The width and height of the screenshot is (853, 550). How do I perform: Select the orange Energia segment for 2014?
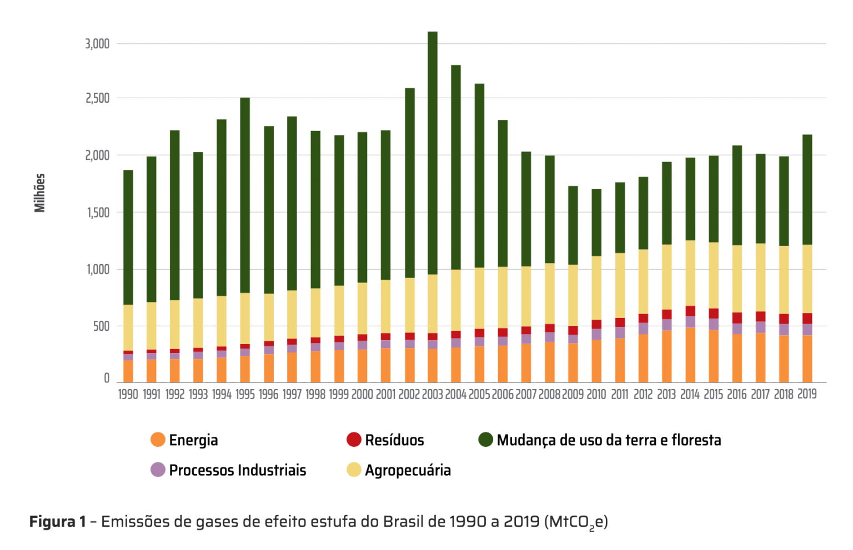pos(690,355)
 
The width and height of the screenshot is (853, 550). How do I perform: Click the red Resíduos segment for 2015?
pos(714,314)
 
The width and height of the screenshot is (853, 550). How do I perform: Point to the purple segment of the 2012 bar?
pos(643,329)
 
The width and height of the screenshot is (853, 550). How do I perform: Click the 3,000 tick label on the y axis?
pos(97,44)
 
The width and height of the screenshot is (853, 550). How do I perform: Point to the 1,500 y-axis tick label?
pos(98,213)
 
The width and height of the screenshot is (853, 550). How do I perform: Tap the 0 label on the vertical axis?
pos(107,379)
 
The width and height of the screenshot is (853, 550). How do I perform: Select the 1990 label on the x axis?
pos(128,395)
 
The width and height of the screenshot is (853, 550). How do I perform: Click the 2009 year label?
pos(573,395)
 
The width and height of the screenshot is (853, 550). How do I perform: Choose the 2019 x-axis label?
pos(807,394)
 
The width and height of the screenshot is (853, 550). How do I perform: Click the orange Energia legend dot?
pos(158,440)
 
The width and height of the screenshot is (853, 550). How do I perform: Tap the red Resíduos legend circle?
pos(354,440)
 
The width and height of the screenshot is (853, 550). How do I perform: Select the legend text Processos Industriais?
pos(238,470)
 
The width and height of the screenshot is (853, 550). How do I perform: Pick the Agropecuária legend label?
pos(408,470)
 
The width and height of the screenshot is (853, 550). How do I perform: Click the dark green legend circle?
pos(486,440)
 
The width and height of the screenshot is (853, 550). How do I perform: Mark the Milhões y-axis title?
pos(40,193)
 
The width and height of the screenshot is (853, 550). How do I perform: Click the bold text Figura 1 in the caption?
pos(58,522)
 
